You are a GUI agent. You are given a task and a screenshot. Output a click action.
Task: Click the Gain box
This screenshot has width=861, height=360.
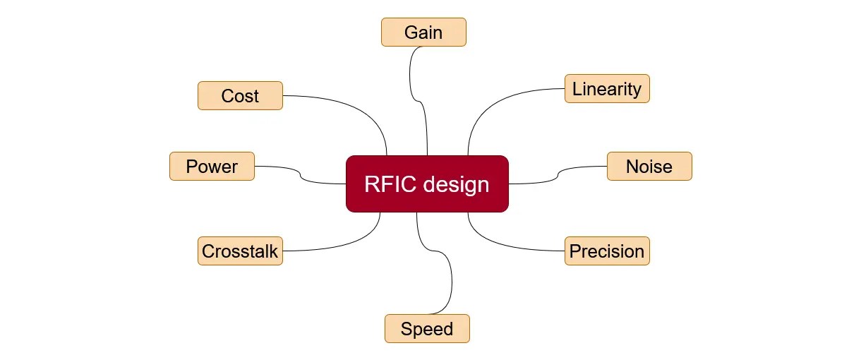(x=423, y=32)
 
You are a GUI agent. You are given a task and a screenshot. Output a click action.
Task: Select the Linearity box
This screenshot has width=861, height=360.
(x=607, y=89)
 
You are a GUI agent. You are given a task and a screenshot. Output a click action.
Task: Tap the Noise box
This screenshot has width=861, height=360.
(x=649, y=167)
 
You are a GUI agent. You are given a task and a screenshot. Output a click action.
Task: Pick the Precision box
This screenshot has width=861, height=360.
(x=607, y=251)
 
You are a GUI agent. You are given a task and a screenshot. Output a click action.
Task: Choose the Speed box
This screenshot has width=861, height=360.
(x=427, y=329)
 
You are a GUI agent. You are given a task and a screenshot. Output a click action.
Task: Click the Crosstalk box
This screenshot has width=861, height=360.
(x=240, y=251)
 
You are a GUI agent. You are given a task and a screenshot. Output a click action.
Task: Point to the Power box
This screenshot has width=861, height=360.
(x=212, y=167)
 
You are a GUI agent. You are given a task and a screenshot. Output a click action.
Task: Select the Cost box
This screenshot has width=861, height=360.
(x=240, y=96)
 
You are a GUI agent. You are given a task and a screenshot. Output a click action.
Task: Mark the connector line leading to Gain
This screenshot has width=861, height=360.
(x=411, y=78)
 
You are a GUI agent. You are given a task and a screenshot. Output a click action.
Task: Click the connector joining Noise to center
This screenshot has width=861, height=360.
(x=558, y=176)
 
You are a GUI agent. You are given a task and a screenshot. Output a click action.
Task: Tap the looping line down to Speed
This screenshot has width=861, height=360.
(x=451, y=282)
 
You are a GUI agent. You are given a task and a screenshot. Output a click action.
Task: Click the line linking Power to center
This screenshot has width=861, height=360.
(x=300, y=176)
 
